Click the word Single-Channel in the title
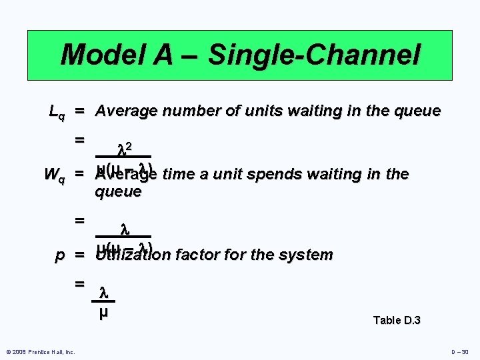315,55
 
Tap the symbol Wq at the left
54,175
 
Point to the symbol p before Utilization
59,255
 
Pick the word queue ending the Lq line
417,111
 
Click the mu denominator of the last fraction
103,311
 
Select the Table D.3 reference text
397,321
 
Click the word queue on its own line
118,192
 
